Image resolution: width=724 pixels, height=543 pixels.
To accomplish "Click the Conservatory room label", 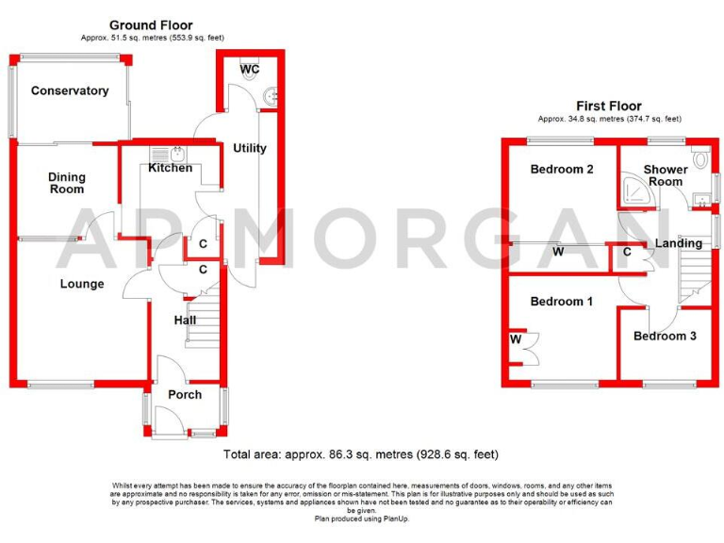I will point(70,91).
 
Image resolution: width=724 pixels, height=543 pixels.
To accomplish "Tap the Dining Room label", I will point(67,183).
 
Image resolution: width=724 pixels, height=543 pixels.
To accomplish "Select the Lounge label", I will point(82,284).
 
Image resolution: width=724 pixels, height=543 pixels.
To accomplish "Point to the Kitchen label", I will point(171,168).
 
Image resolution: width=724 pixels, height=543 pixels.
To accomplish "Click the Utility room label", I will point(250,148).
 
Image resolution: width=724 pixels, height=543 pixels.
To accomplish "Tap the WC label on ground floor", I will point(250,71).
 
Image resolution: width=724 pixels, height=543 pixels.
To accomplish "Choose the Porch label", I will point(185,394).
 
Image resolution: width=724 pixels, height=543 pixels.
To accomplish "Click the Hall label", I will point(186,321).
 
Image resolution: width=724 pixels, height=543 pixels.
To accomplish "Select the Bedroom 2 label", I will point(562,171).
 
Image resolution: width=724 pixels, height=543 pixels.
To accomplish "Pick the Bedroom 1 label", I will point(562,302).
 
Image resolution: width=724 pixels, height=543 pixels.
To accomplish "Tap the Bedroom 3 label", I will point(666,336).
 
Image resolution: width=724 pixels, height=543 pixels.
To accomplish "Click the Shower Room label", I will point(664,175).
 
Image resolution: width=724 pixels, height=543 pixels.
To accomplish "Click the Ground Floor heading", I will point(151,25).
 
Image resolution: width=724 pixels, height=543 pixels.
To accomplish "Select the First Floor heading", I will point(609,107).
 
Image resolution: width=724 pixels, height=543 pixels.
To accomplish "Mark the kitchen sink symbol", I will point(178,154).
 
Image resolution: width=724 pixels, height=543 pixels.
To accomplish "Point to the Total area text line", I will point(361,454).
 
